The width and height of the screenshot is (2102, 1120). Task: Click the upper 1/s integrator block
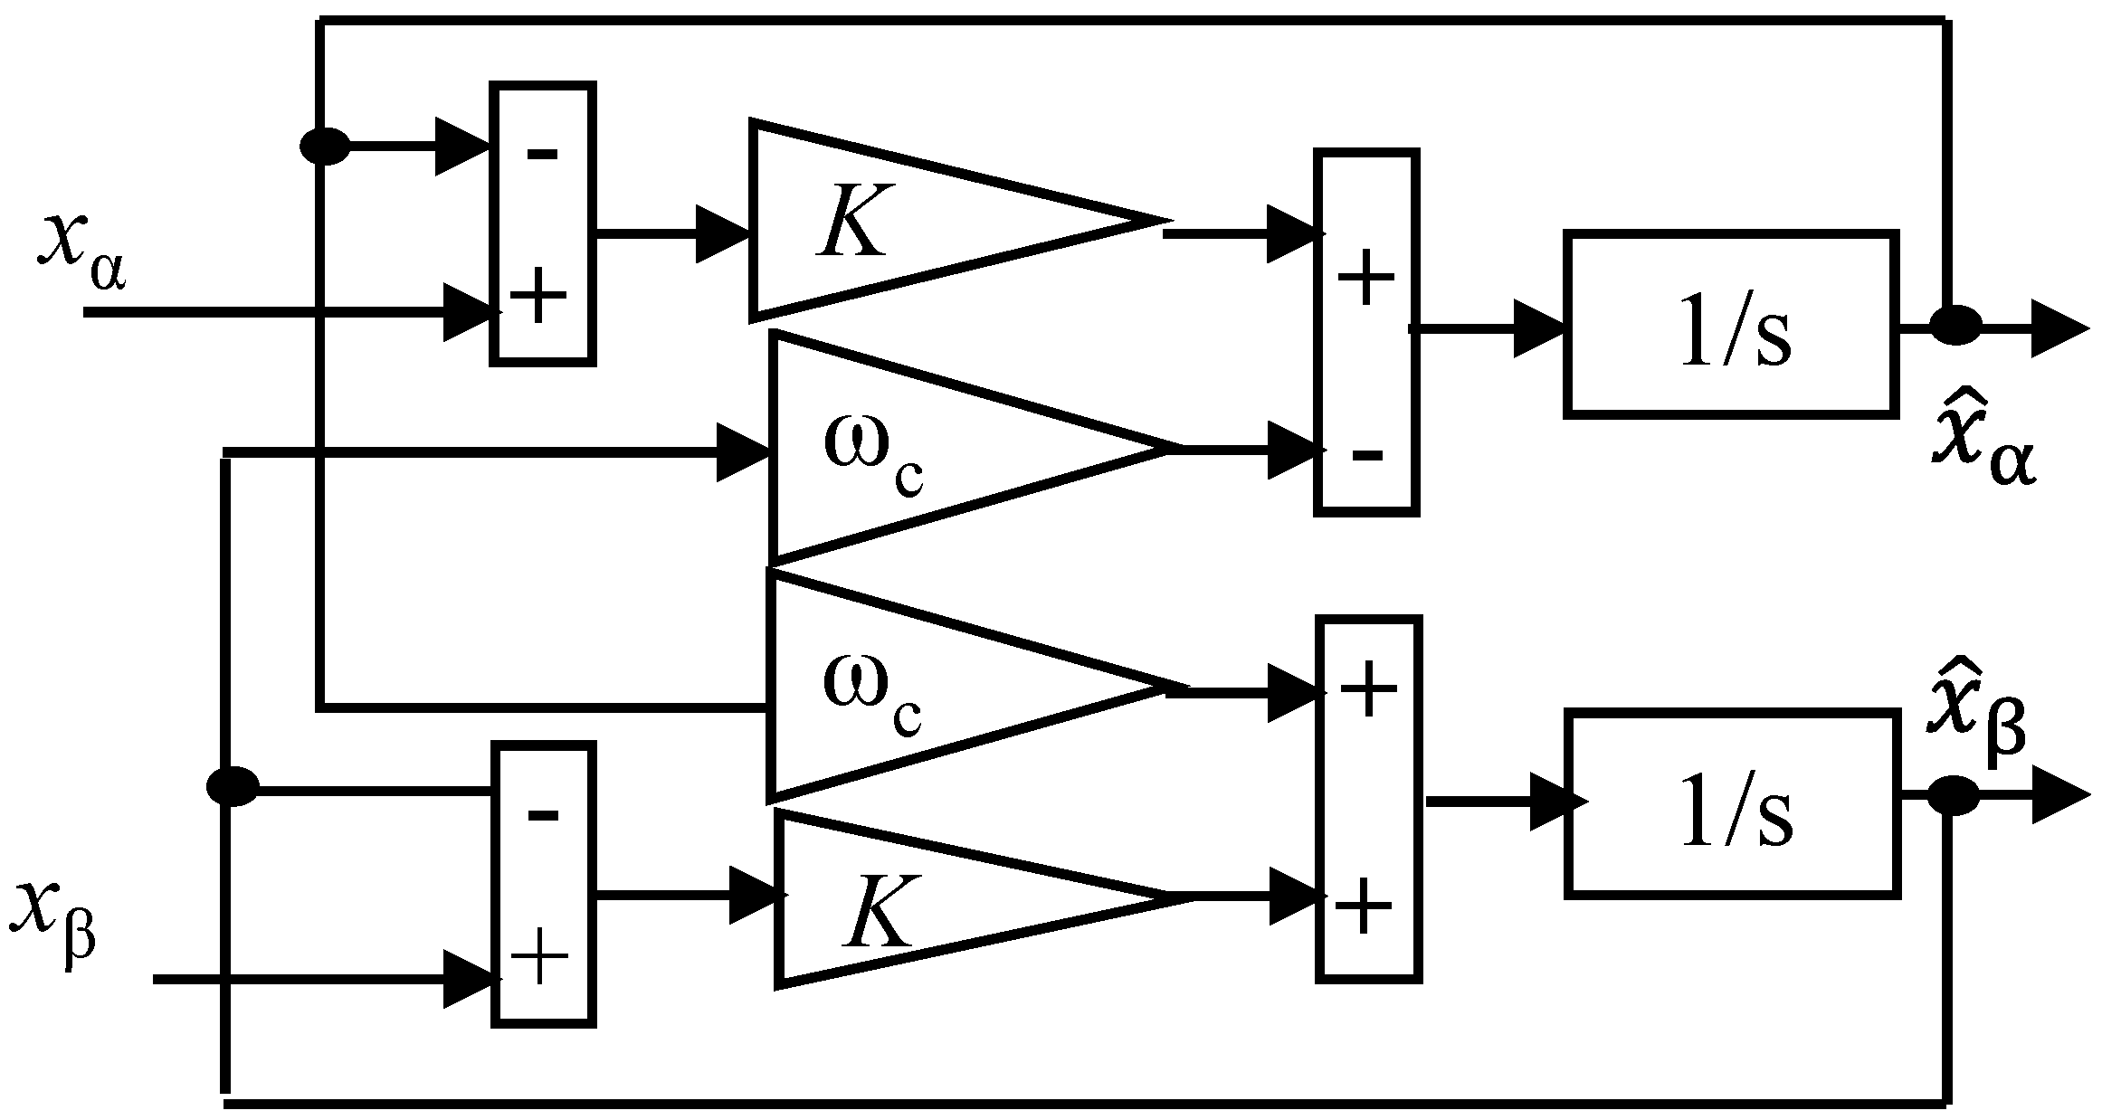tap(1730, 325)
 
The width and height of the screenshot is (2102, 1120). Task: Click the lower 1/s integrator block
tap(1730, 803)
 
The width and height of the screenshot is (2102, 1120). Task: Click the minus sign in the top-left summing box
tap(542, 154)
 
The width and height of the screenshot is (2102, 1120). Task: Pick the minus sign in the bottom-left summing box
tap(542, 815)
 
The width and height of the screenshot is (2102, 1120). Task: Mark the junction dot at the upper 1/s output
tap(1955, 325)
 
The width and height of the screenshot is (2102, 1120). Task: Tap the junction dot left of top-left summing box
tap(324, 146)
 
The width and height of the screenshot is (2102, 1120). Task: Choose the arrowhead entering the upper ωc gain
tap(742, 452)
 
